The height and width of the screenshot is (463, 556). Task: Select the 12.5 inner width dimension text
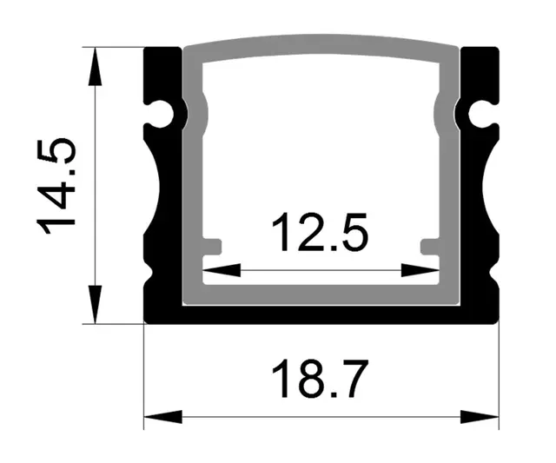pos(321,235)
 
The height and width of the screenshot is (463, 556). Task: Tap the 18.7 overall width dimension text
pos(321,380)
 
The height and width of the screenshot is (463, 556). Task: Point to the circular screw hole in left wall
pos(162,113)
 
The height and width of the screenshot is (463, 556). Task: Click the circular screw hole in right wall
pos(480,113)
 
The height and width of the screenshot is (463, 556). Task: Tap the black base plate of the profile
pos(321,314)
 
